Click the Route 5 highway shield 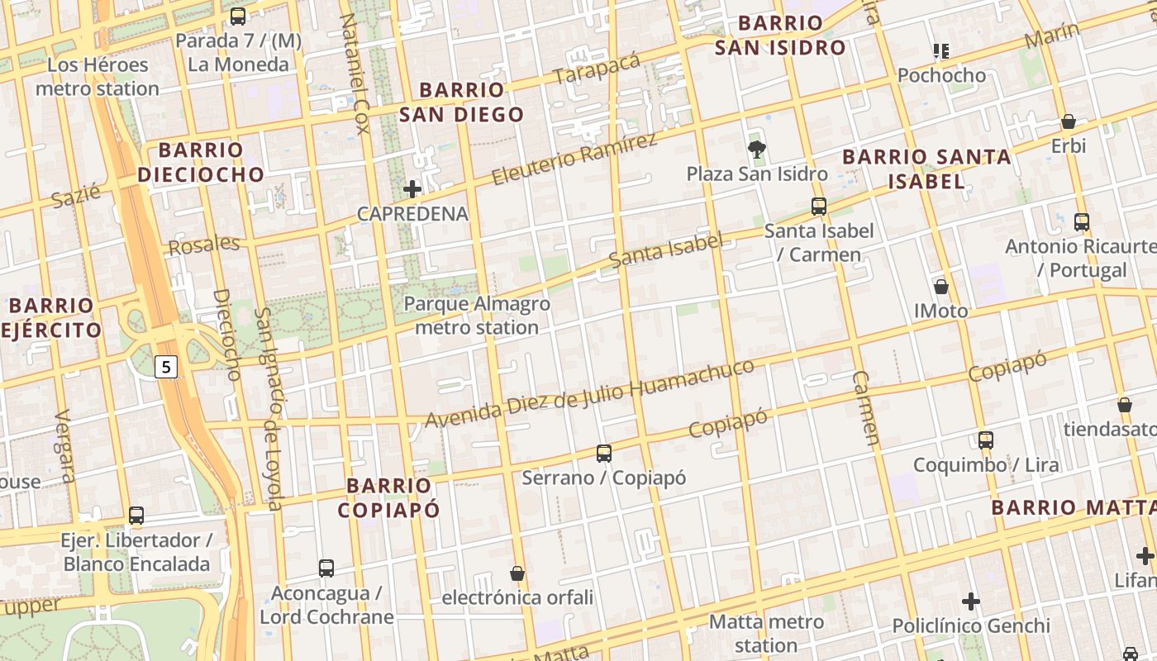167,366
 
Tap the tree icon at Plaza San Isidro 756,149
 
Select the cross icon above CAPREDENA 412,189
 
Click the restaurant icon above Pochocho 940,51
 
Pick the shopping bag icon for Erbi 1069,121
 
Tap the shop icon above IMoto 940,287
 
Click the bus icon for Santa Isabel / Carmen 818,206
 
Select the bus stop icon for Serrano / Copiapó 604,453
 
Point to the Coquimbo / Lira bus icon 985,440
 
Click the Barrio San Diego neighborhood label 461,102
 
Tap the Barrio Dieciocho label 201,162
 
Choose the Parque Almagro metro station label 477,316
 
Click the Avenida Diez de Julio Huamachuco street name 590,393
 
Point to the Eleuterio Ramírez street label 574,158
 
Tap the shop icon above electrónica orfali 517,573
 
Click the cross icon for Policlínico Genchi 971,601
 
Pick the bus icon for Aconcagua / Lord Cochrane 326,568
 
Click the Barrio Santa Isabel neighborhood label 926,169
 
